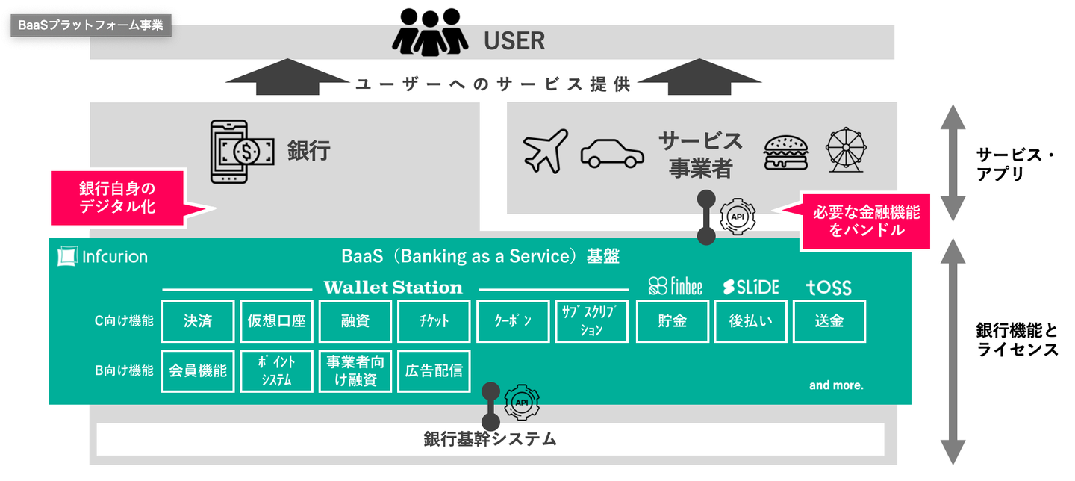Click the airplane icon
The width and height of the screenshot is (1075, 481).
545,151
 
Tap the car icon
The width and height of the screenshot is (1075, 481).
612,152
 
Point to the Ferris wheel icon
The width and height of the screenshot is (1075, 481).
846,150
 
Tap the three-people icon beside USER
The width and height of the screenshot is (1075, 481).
429,31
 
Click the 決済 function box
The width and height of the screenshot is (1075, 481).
198,321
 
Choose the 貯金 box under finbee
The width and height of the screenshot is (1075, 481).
672,321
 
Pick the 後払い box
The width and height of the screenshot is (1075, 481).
750,321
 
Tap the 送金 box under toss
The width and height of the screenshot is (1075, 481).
829,321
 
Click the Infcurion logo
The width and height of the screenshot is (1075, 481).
103,257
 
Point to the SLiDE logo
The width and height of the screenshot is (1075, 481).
750,287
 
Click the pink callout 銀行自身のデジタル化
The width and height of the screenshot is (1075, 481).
117,198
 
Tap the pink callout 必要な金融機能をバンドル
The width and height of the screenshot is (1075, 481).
865,221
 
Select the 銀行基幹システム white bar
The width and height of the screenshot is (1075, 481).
490,439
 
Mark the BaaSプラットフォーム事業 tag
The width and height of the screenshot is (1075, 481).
91,25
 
